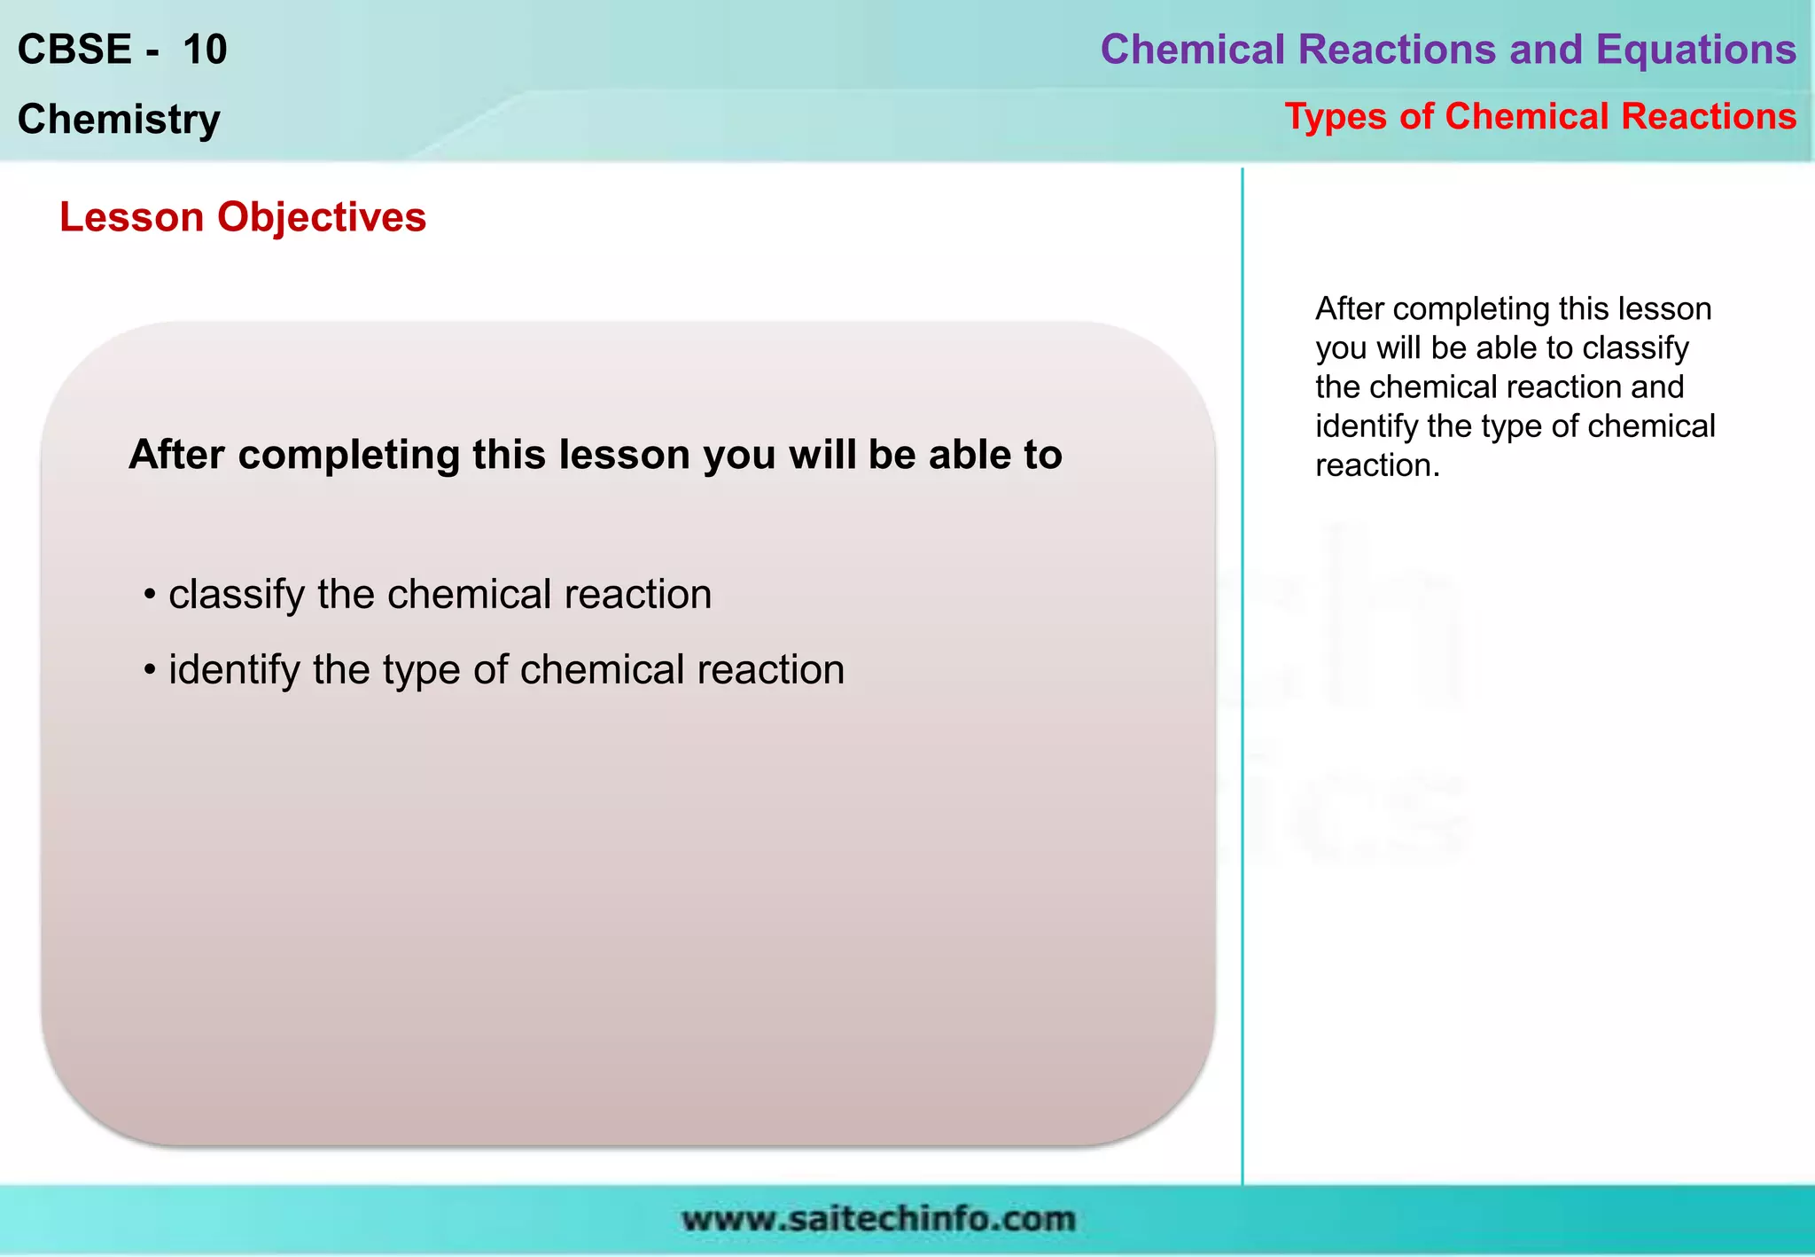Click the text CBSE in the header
click(x=74, y=50)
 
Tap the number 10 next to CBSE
click(x=205, y=50)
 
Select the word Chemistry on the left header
click(x=119, y=120)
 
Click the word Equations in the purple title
click(x=1695, y=50)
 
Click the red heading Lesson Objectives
click(x=242, y=217)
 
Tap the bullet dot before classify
click(x=150, y=595)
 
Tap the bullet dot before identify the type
click(x=150, y=670)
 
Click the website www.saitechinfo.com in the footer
click(x=877, y=1220)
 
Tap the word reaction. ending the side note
click(x=1377, y=465)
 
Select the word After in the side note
click(x=1350, y=309)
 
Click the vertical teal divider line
click(x=1242, y=674)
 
